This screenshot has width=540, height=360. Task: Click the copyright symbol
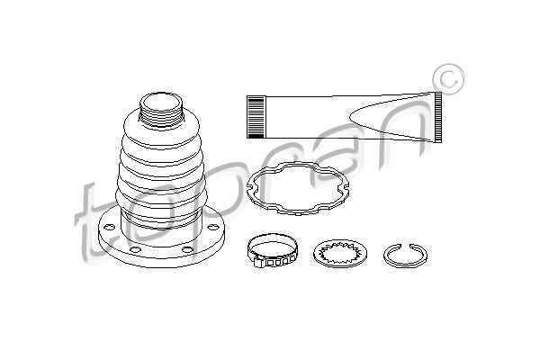click(446, 80)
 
